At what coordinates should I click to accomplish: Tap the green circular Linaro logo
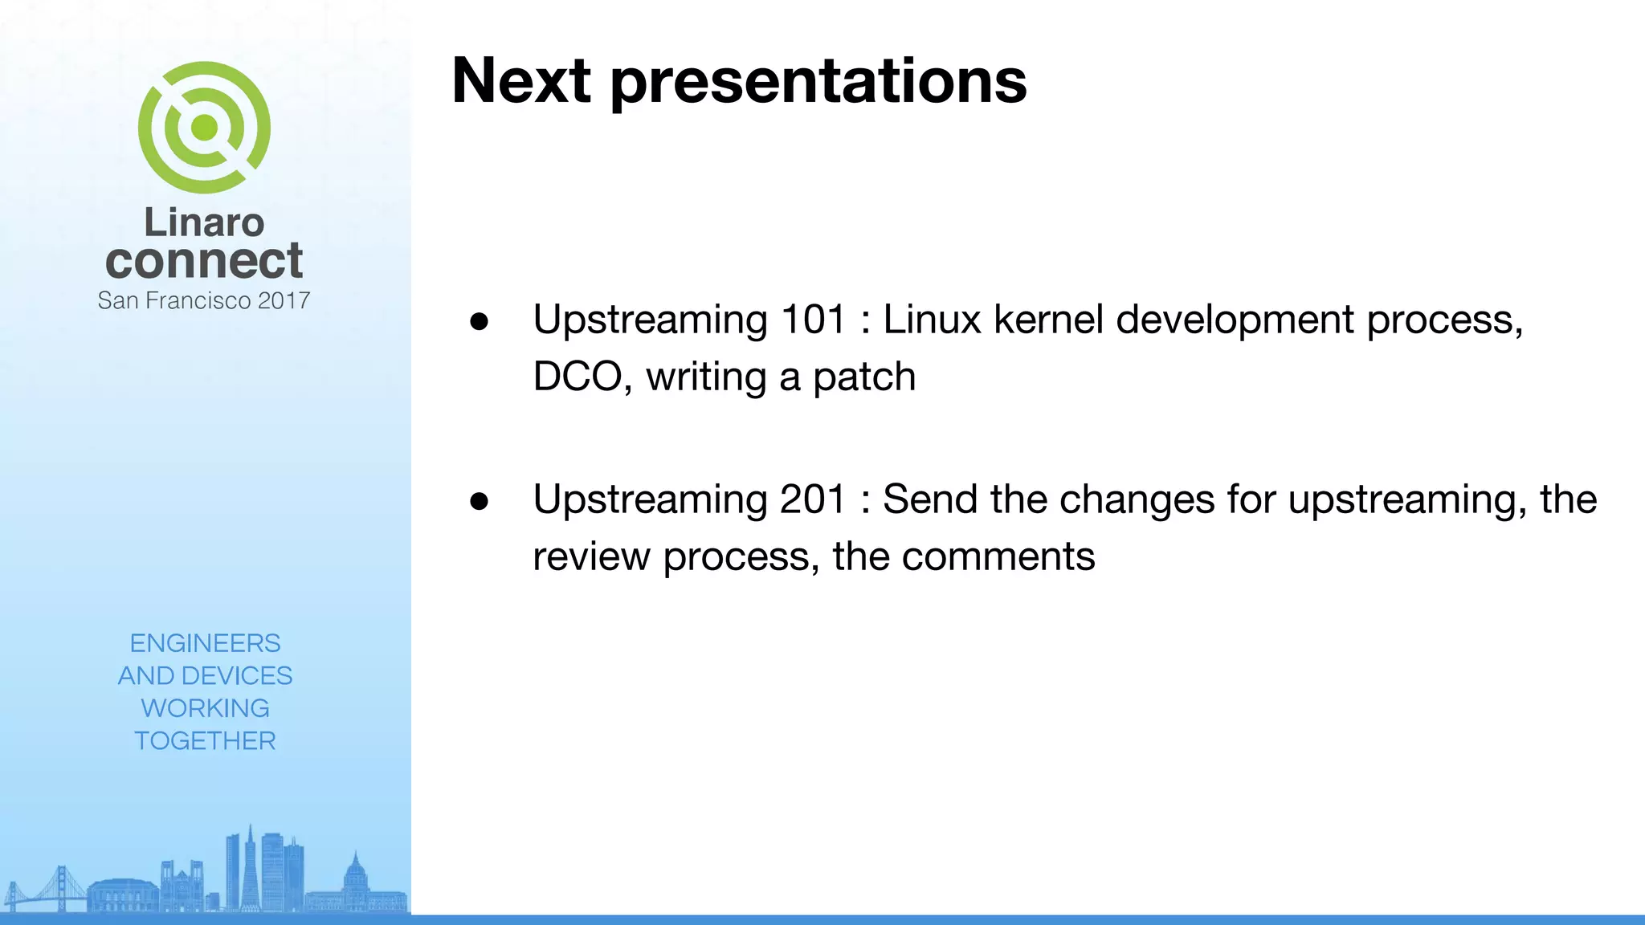click(x=204, y=128)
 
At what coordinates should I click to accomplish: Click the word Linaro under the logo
click(x=204, y=222)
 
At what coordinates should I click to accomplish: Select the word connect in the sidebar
click(x=204, y=261)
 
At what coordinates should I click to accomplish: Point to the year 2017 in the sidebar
click(x=284, y=300)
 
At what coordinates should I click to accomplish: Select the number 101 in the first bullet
click(x=813, y=320)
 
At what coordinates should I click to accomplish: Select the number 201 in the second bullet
click(x=813, y=499)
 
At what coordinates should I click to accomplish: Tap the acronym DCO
click(x=578, y=377)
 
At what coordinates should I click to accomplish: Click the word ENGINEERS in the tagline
click(x=205, y=643)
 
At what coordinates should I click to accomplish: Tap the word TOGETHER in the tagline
click(x=205, y=740)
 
